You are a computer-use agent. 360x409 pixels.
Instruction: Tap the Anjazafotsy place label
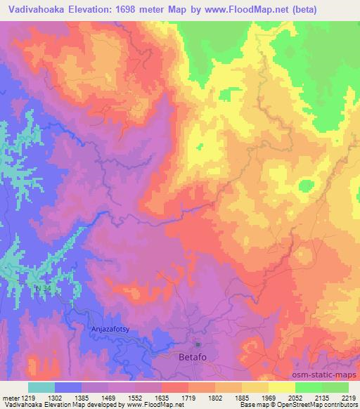pos(113,327)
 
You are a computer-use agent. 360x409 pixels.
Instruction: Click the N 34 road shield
pos(44,289)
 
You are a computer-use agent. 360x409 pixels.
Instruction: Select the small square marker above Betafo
pos(198,344)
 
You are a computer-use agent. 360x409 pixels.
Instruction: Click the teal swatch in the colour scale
pos(41,387)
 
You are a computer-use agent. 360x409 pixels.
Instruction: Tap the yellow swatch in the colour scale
pos(282,387)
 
